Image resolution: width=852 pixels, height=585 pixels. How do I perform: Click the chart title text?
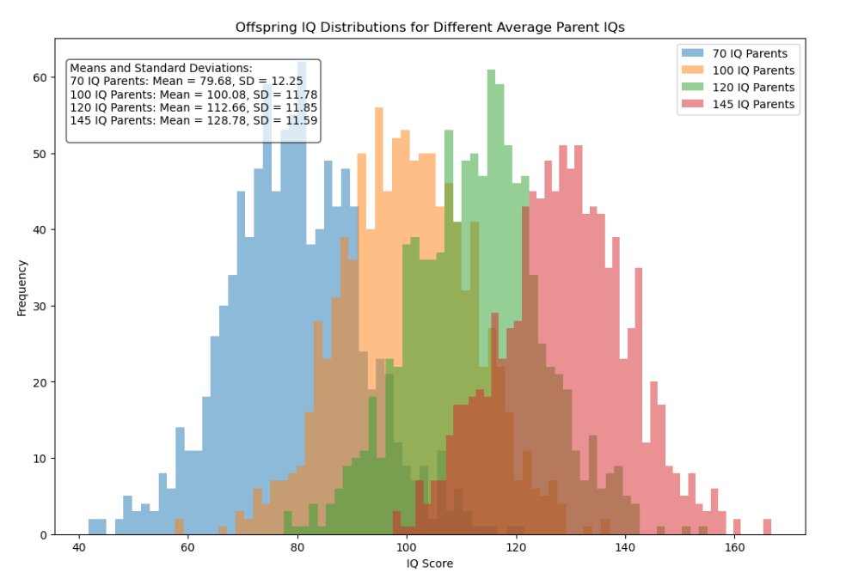pyautogui.click(x=430, y=27)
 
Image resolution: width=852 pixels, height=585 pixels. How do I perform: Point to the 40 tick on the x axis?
pyautogui.click(x=79, y=547)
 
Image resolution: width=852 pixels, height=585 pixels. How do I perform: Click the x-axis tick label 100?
pyautogui.click(x=407, y=547)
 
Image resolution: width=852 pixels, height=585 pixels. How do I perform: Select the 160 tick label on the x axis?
pyautogui.click(x=734, y=547)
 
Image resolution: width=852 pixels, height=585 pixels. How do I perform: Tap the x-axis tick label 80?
pyautogui.click(x=297, y=547)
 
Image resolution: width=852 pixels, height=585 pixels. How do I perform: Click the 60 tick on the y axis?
pyautogui.click(x=40, y=77)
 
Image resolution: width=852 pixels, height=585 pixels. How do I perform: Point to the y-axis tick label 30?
pyautogui.click(x=40, y=306)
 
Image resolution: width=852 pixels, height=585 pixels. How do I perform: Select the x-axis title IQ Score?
pyautogui.click(x=430, y=564)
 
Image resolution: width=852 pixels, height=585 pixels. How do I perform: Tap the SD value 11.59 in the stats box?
pyautogui.click(x=302, y=121)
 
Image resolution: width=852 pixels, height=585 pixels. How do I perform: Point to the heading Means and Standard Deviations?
pyautogui.click(x=161, y=67)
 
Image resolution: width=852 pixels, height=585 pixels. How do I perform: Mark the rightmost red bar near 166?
pyautogui.click(x=767, y=527)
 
